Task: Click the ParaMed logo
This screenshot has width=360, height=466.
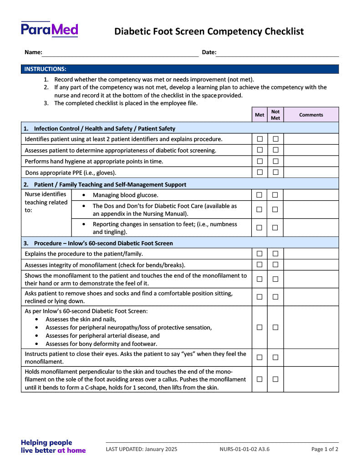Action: [49, 30]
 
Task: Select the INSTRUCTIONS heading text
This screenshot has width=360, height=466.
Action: [45, 69]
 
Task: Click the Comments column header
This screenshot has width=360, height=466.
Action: [311, 115]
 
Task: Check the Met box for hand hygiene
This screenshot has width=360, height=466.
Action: [260, 161]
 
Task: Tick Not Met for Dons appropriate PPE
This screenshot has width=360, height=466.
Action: [275, 172]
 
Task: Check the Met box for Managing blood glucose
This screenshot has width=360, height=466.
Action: [259, 195]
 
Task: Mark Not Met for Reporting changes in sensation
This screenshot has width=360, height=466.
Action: [275, 228]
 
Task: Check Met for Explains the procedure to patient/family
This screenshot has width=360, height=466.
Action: [259, 253]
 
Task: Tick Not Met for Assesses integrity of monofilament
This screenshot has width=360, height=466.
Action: [275, 265]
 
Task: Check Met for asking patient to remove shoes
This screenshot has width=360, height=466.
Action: [259, 297]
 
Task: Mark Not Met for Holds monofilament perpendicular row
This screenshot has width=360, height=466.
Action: [275, 379]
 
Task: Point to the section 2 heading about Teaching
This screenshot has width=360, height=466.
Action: [110, 184]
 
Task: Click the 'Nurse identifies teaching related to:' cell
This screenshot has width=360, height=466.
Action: [46, 203]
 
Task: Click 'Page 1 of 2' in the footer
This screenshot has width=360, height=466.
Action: [325, 449]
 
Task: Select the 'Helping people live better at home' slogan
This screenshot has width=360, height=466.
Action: [53, 446]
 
